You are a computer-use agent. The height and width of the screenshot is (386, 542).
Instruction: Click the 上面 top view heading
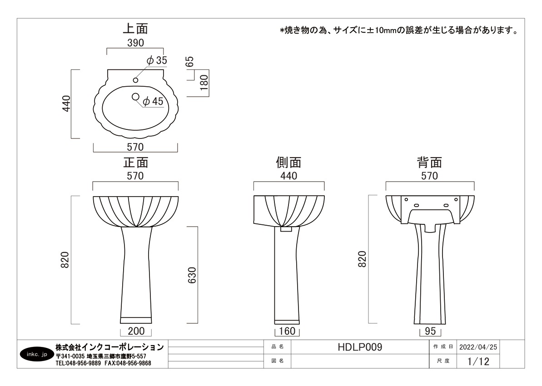tap(135, 29)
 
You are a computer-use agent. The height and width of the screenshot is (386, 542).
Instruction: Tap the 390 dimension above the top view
tap(135, 43)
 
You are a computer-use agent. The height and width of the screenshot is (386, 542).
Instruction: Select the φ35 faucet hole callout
tap(157, 60)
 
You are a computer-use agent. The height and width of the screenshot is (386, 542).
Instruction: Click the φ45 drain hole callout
tap(153, 101)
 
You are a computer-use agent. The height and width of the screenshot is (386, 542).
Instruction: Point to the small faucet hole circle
tap(135, 80)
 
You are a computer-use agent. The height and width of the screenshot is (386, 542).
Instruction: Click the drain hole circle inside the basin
tap(135, 97)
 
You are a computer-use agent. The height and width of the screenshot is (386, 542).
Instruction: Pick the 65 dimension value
tap(190, 61)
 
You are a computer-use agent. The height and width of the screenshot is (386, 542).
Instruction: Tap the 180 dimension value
tap(204, 83)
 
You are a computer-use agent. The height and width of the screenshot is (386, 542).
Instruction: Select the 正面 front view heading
tap(136, 163)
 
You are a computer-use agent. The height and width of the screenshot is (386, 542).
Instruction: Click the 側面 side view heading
tap(288, 163)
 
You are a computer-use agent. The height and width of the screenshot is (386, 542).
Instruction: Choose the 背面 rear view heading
tap(430, 163)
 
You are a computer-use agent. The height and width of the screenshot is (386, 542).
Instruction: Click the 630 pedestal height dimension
tap(192, 275)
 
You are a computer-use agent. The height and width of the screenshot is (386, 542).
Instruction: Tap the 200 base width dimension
tap(136, 331)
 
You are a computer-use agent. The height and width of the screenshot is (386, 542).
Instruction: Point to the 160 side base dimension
tap(287, 331)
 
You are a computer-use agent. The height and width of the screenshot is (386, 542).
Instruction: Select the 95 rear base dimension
tap(430, 331)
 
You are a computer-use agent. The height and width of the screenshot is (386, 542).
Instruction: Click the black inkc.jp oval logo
tap(37, 354)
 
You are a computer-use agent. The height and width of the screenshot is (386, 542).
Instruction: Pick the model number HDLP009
tap(360, 347)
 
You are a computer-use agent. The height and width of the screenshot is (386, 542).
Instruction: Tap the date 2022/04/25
tap(478, 347)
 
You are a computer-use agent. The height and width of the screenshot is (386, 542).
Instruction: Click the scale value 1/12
tap(478, 361)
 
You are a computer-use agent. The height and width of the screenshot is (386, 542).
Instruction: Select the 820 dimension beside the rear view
tap(362, 259)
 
